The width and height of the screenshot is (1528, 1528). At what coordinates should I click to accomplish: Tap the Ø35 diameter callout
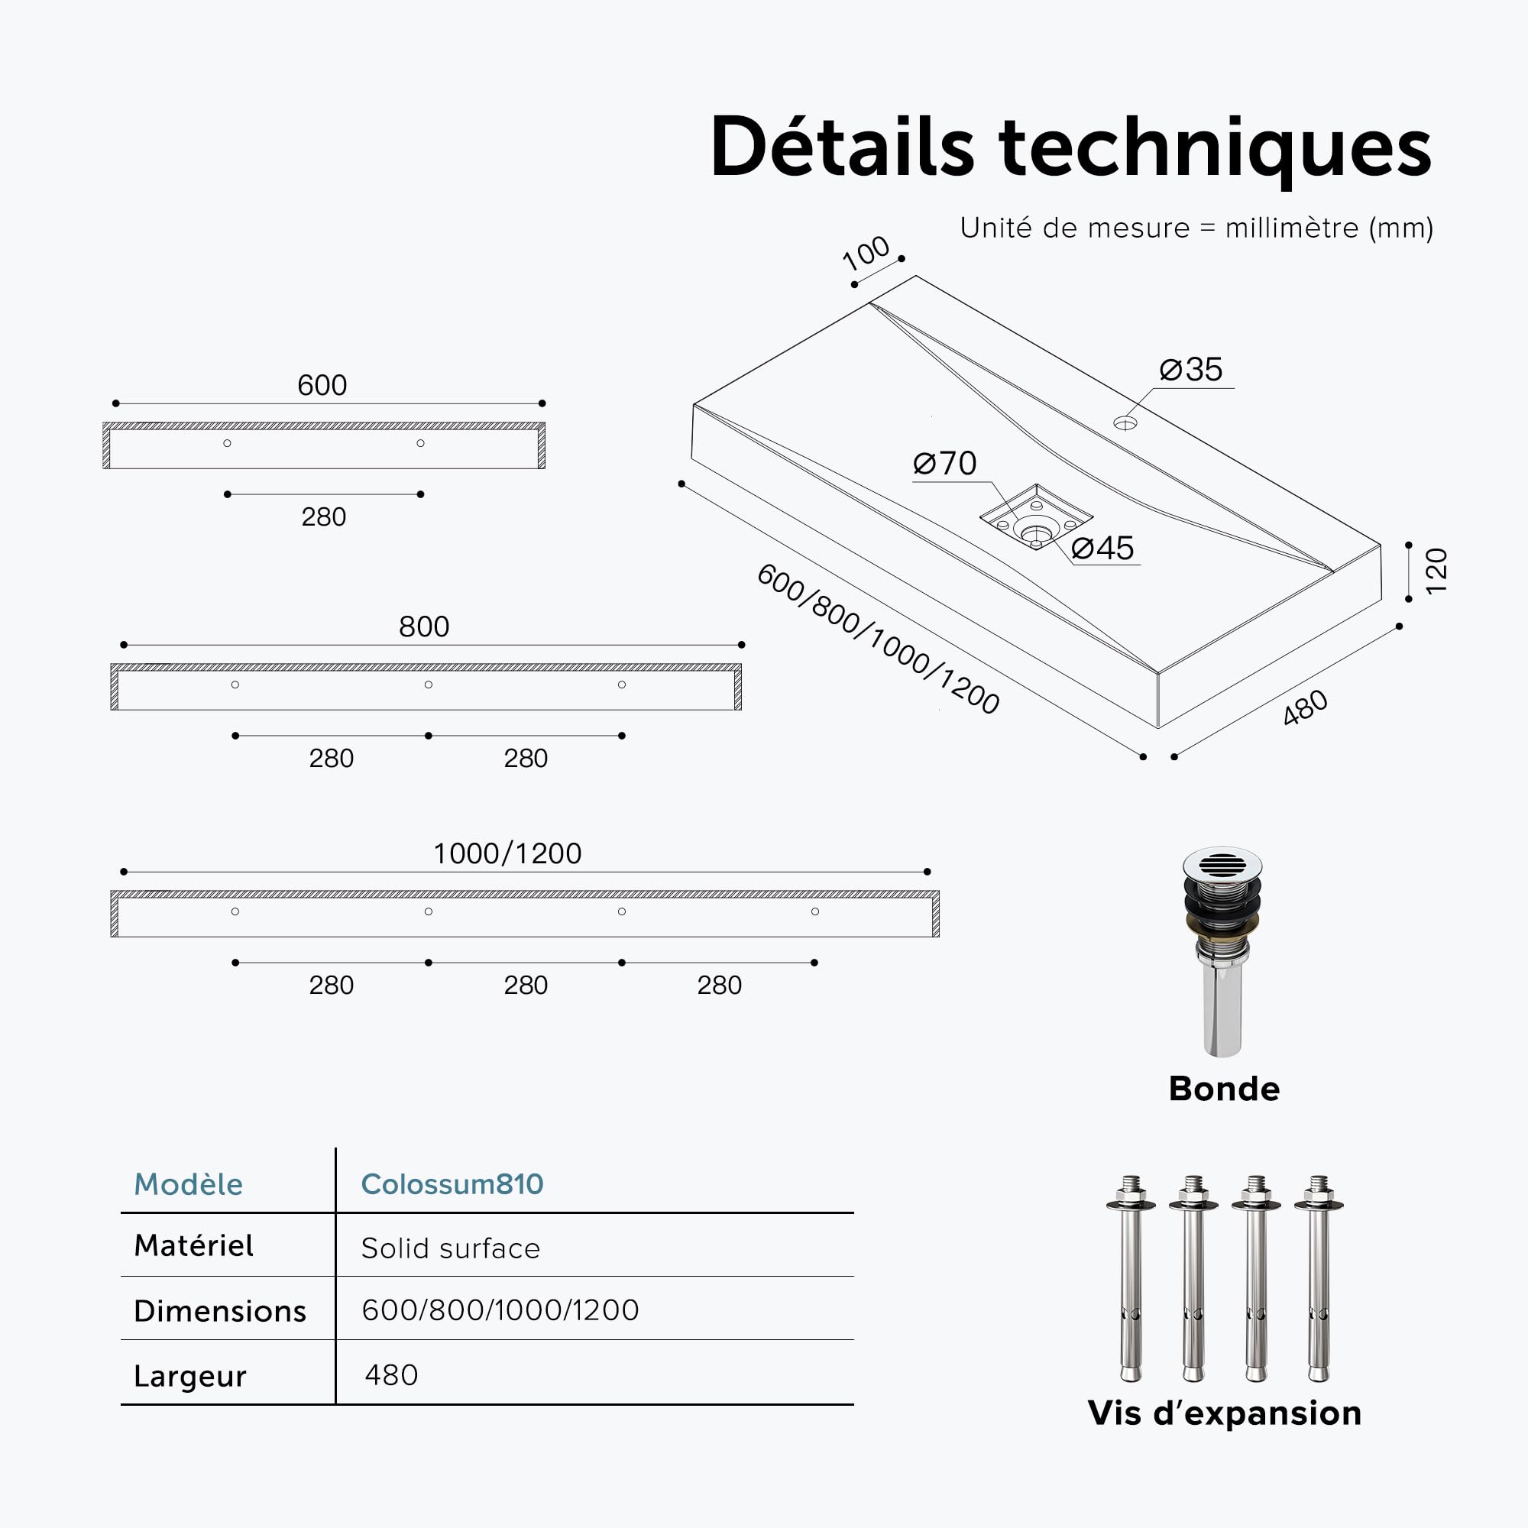point(1190,369)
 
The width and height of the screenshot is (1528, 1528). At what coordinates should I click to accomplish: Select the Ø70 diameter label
point(944,464)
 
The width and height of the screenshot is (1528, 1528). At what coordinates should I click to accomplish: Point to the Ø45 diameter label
point(1102,548)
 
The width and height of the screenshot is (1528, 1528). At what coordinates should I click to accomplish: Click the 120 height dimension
point(1436,570)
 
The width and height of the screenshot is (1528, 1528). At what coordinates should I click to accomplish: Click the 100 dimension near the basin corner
point(866,253)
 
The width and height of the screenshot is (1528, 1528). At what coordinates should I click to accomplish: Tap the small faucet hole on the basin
point(1125,423)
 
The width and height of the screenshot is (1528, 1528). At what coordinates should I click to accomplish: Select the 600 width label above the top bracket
point(322,385)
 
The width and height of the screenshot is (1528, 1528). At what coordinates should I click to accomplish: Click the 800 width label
point(424,626)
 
